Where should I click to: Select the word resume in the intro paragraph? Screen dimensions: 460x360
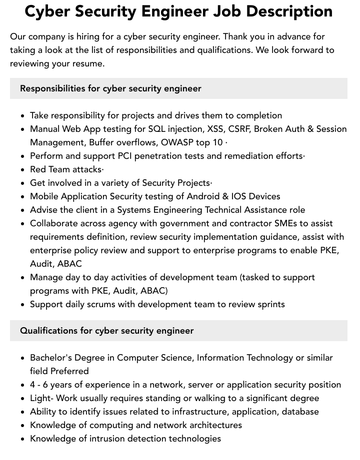coord(90,64)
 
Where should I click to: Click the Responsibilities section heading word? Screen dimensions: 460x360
coord(52,88)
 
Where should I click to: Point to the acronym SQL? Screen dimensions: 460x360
coord(157,129)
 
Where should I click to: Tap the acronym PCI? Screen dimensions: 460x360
coord(125,156)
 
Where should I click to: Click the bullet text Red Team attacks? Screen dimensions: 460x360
coord(66,169)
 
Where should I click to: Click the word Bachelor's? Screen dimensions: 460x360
coord(52,358)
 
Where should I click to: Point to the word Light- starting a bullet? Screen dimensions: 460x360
coord(41,398)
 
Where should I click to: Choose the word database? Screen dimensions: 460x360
coord(300,412)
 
